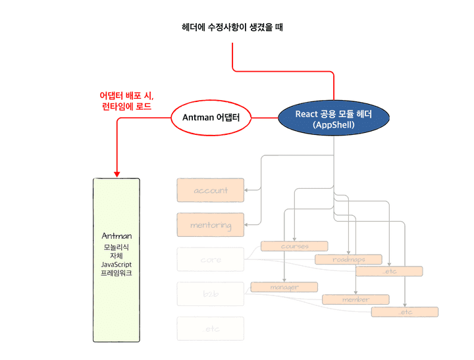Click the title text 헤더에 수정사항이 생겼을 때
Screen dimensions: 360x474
[x=233, y=28]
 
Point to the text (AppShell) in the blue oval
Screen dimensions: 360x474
[x=334, y=124]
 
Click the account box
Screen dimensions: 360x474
[x=211, y=190]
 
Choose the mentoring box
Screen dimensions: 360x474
[x=211, y=225]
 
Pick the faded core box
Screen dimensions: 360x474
[x=211, y=259]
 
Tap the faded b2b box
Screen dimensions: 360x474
[x=211, y=294]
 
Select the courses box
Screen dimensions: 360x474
[x=294, y=246]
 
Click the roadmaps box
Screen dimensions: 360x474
[x=348, y=259]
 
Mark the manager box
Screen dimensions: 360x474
[x=284, y=287]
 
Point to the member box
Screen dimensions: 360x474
[x=355, y=299]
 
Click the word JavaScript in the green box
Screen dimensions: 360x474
[x=117, y=263]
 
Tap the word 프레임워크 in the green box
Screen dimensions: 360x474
[x=117, y=272]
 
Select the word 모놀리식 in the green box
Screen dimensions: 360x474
[x=117, y=246]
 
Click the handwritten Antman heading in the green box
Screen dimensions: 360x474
[x=117, y=236]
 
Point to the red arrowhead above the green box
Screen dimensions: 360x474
[x=117, y=173]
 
